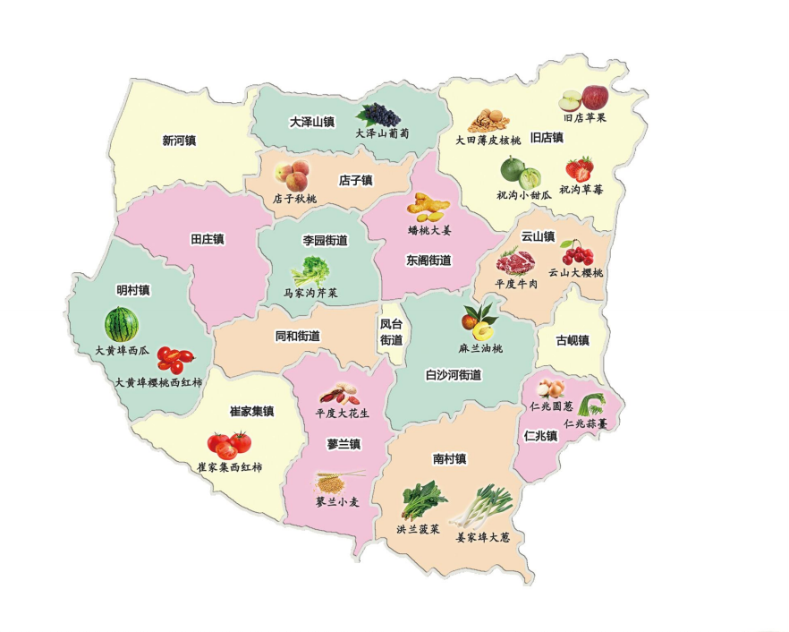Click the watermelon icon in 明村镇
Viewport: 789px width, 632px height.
click(x=121, y=324)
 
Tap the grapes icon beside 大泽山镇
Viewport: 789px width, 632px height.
click(x=379, y=115)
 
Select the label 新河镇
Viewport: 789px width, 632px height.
click(x=179, y=141)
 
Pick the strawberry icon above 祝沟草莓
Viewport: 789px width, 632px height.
click(x=579, y=167)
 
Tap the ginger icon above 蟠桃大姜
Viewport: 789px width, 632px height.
click(x=428, y=208)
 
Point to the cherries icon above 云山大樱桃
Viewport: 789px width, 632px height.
click(x=576, y=252)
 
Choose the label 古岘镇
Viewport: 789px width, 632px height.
click(x=573, y=340)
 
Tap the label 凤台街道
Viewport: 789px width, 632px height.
click(x=391, y=332)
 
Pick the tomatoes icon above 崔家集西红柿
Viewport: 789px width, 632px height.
click(x=229, y=443)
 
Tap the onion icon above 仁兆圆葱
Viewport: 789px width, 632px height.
click(x=549, y=389)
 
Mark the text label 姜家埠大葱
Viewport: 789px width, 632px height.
click(x=482, y=537)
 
